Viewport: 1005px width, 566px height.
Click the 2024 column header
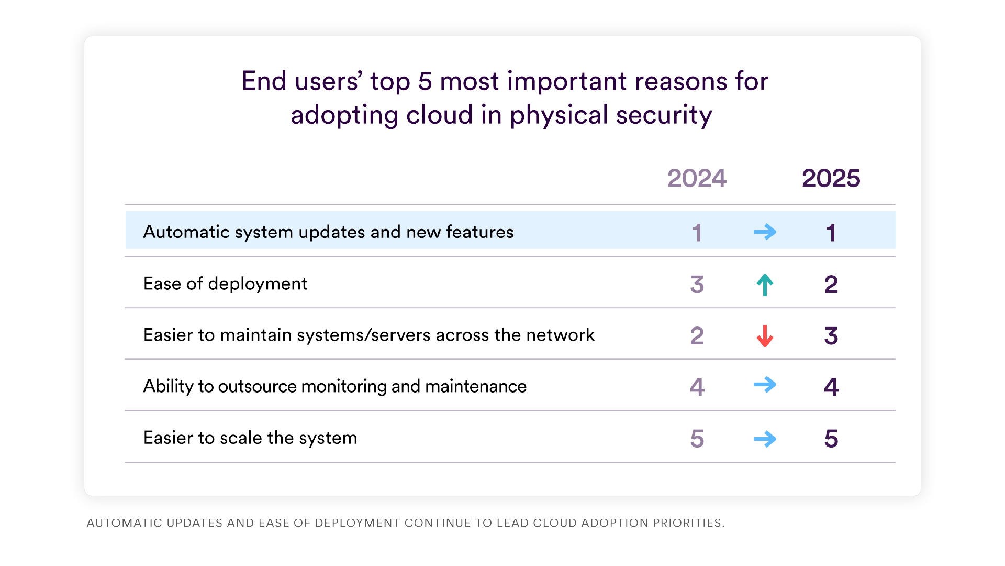click(x=697, y=179)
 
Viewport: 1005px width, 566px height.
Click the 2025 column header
click(x=831, y=179)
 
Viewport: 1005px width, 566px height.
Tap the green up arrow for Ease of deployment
click(x=765, y=285)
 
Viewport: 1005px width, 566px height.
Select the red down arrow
click(x=765, y=336)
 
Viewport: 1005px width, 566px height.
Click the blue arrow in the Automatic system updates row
click(x=765, y=232)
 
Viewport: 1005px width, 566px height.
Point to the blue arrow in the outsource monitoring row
click(x=765, y=385)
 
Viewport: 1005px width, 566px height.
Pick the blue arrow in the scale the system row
click(x=765, y=439)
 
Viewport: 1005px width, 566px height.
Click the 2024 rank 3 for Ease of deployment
click(x=697, y=285)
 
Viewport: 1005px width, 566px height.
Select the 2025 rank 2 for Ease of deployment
click(x=831, y=285)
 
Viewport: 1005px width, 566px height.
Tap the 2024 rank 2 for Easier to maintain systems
click(x=697, y=336)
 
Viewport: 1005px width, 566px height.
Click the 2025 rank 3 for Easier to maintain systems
click(x=831, y=336)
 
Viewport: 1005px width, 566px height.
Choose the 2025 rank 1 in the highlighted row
click(x=831, y=233)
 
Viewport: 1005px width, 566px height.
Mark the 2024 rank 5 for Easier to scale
click(x=697, y=439)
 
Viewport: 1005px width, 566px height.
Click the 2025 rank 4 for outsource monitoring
click(x=831, y=387)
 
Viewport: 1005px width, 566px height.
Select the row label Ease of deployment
click(x=225, y=284)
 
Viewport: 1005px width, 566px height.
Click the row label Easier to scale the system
click(x=250, y=438)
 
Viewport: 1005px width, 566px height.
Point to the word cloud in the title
click(x=440, y=115)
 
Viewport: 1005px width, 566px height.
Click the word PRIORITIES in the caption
click(x=688, y=523)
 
